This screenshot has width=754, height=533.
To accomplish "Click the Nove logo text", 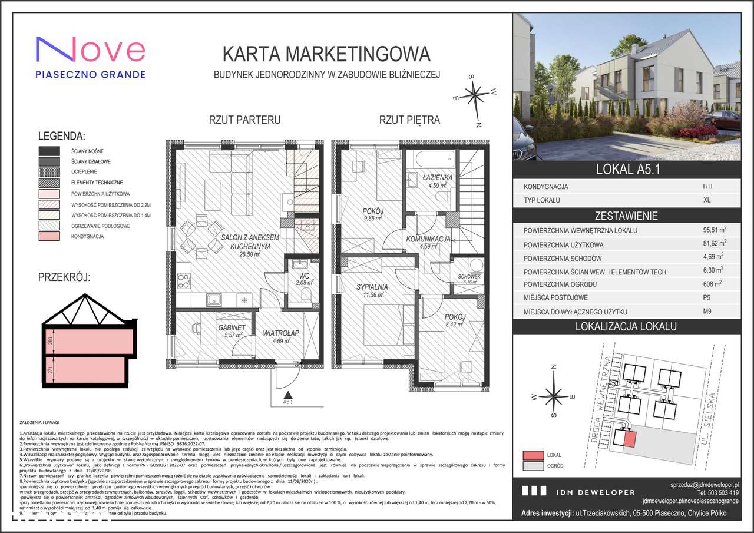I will point(90,50).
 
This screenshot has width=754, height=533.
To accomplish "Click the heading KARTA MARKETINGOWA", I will point(326,54).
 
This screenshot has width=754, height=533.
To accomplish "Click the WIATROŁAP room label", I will point(281,332).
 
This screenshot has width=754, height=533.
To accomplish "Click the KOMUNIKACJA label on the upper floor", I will point(428,239).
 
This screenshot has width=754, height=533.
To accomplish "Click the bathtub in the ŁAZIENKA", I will point(433,158).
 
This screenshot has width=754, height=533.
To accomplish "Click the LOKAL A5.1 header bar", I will point(627,171).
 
